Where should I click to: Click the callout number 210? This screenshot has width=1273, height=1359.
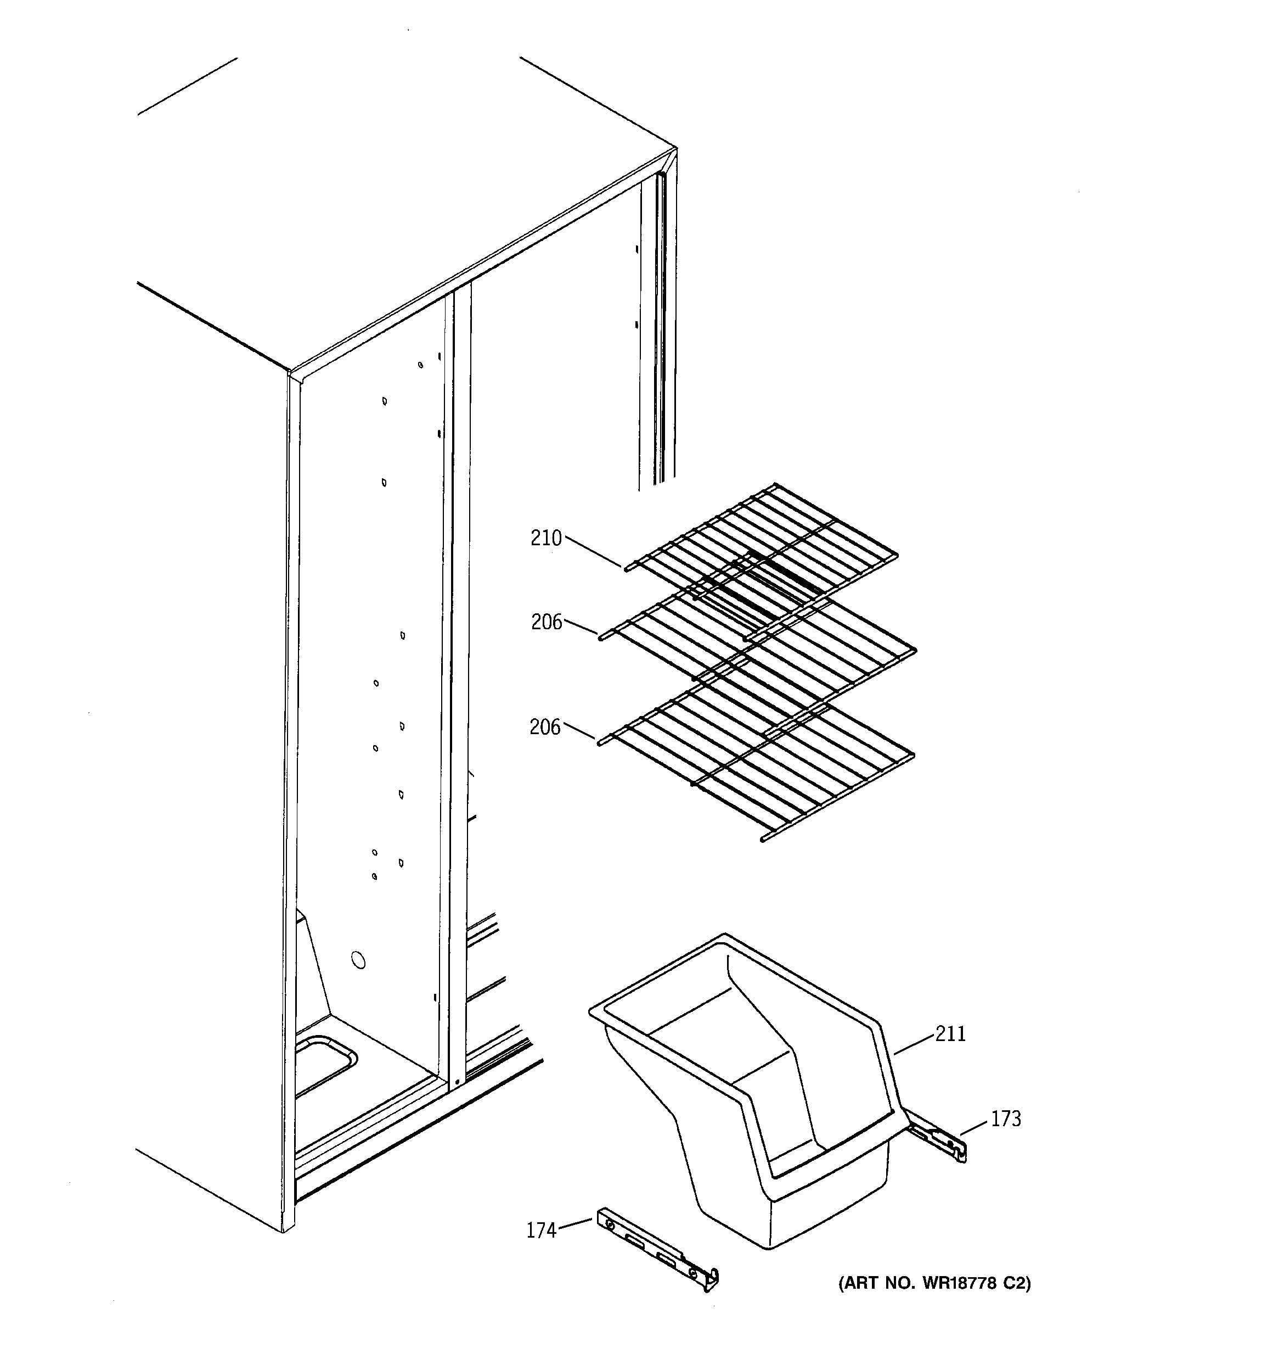[546, 539]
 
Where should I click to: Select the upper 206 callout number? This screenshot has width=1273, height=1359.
[547, 622]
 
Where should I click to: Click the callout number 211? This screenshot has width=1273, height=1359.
[950, 1034]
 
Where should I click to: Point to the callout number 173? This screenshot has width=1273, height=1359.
[1006, 1119]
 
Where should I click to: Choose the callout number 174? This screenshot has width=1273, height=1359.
[541, 1250]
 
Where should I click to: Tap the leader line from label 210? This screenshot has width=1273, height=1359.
[593, 552]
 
